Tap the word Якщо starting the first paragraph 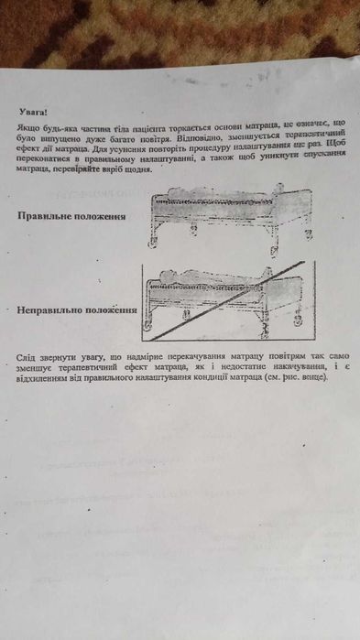27,124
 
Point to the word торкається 212,123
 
